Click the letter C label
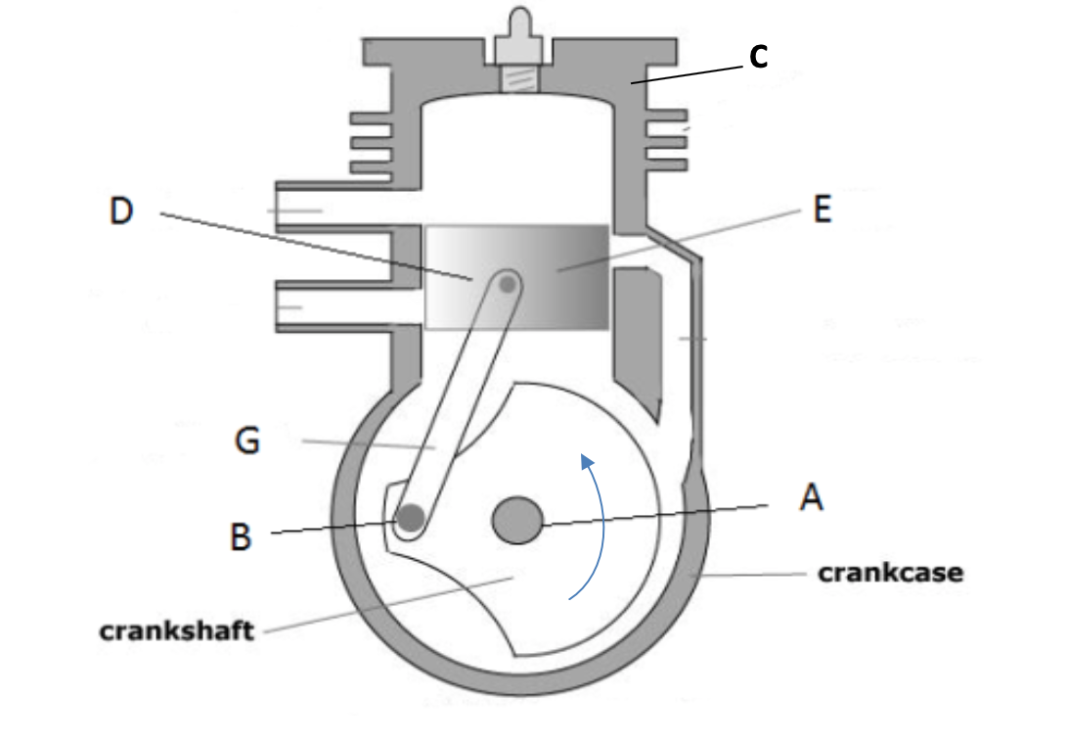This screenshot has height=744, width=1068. pos(758,58)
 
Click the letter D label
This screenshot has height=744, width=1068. pos(121,211)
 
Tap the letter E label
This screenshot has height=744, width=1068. pos(823,209)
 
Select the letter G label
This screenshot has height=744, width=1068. pos(247,441)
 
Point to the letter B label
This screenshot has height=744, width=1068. pos(241,536)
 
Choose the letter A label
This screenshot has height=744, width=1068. pos(811,497)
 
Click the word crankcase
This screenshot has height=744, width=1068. pos(889,573)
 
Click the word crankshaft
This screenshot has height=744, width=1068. pos(176,629)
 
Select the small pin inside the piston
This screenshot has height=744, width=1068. pos(508,284)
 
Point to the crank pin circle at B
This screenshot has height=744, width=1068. pos(411,519)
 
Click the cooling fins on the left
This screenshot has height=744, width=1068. pos(372,143)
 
